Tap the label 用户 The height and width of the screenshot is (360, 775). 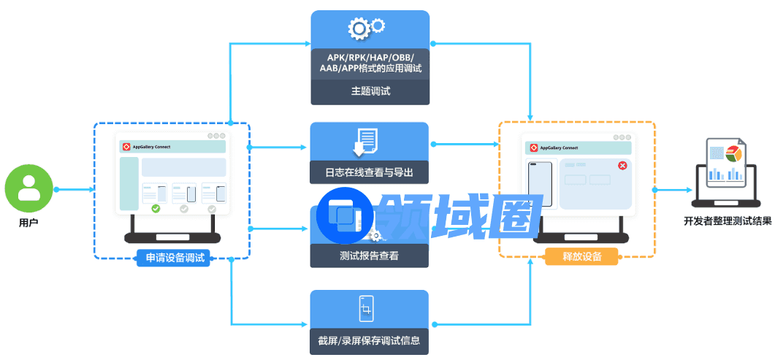point(28,222)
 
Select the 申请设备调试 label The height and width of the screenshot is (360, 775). point(173,257)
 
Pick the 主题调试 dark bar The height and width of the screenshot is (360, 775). point(370,91)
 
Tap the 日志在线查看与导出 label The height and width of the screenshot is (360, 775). point(370,173)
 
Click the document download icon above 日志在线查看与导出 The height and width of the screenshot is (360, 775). point(364,142)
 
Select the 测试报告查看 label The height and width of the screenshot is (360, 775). point(370,256)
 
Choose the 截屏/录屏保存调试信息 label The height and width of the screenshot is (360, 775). point(370,340)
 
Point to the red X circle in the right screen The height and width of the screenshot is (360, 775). point(622,166)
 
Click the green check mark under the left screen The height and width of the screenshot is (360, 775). point(156,209)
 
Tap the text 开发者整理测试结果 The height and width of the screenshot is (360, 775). point(727,221)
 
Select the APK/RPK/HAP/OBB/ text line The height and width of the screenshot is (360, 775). point(370,56)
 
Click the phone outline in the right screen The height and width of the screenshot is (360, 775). point(541,184)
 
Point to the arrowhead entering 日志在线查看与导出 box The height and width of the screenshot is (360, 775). point(306,148)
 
